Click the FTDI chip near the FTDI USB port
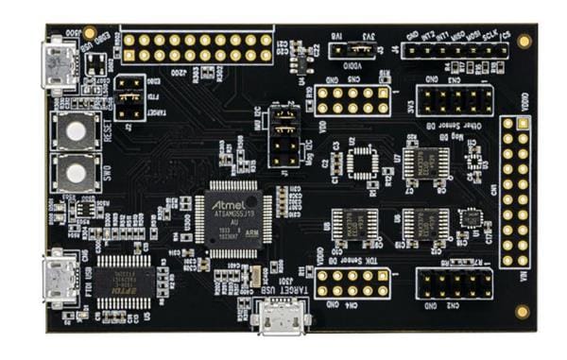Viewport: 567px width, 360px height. pos(121,281)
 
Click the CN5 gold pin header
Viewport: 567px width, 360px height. pos(352,101)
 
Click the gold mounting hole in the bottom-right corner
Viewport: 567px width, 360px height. pos(522,310)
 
